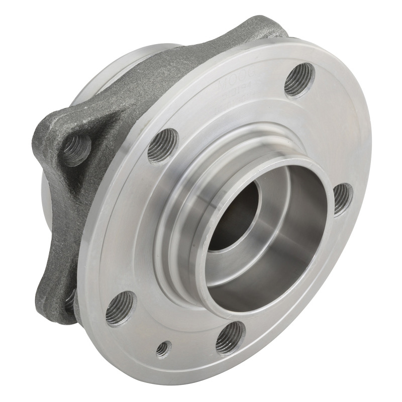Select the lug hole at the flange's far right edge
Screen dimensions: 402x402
pyautogui.click(x=342, y=198)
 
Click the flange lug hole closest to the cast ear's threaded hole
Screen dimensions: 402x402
pyautogui.click(x=163, y=146)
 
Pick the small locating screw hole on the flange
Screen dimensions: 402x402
pyautogui.click(x=162, y=348)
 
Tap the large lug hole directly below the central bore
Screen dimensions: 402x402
pyautogui.click(x=230, y=337)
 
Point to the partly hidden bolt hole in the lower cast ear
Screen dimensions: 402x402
pyautogui.click(x=69, y=301)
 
